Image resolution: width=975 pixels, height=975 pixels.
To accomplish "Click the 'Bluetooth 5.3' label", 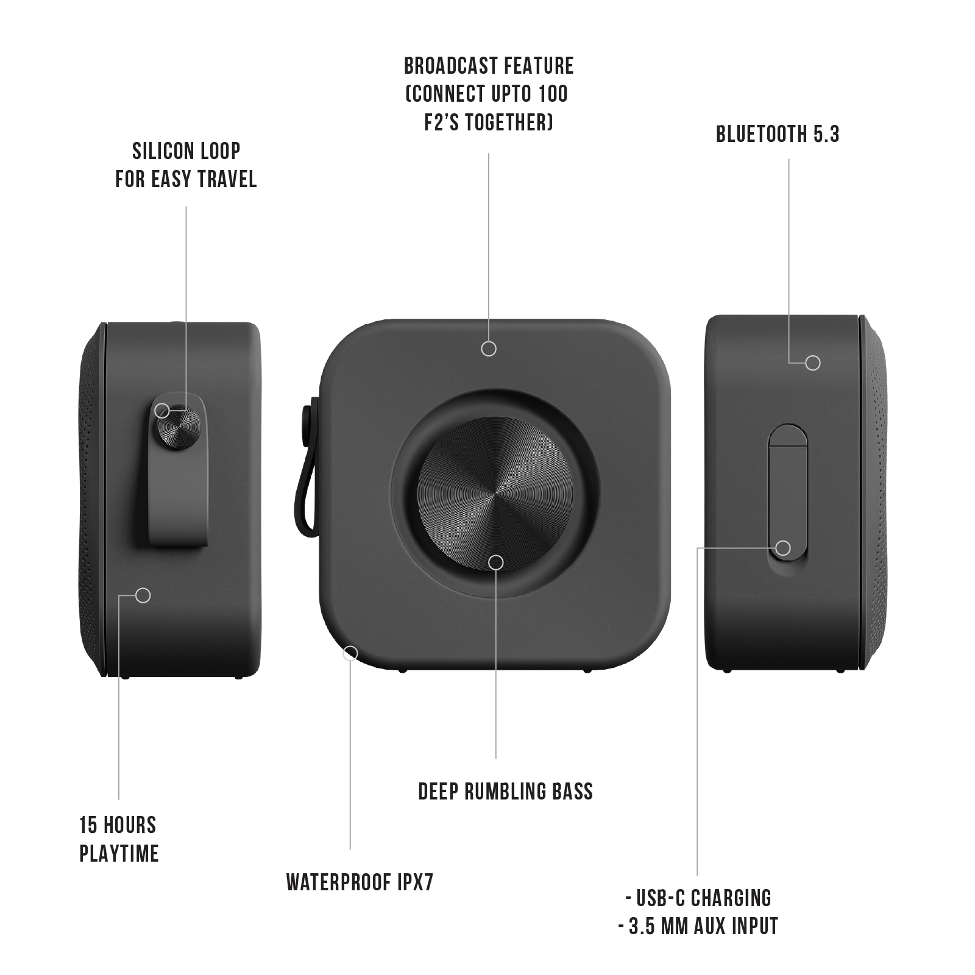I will [x=778, y=134].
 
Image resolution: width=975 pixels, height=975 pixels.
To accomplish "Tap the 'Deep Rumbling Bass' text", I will [x=505, y=792].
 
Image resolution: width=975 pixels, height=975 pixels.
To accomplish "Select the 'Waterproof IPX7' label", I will [x=360, y=882].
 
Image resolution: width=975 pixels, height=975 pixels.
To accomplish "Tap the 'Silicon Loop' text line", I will [x=186, y=151].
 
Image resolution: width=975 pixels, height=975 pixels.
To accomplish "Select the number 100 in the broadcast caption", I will [x=553, y=94].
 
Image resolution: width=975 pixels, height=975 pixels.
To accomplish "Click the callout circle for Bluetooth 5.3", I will [x=812, y=363].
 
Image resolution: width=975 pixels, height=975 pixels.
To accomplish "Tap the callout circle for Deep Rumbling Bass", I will [x=496, y=562].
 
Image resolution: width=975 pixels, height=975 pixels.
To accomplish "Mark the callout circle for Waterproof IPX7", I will [x=350, y=653].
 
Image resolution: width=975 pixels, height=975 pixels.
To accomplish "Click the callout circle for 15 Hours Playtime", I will [x=143, y=595].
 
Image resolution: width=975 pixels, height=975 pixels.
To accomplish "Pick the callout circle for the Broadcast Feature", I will [x=488, y=349].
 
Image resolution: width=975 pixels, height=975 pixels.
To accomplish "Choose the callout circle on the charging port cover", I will [x=783, y=548].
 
